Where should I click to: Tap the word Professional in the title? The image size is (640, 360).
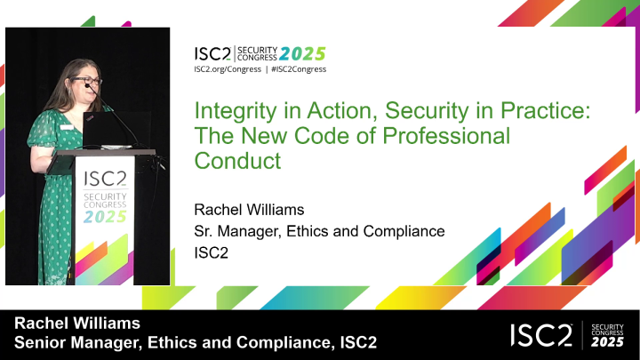(x=446, y=135)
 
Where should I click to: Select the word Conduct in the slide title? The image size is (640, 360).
(x=237, y=160)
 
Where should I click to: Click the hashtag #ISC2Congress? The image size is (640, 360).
(x=299, y=69)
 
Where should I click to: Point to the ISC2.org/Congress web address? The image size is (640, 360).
(x=228, y=69)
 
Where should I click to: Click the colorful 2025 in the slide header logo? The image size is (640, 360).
(x=302, y=53)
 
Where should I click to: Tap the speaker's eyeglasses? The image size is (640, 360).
(x=87, y=81)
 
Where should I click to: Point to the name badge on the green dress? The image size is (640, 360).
(x=67, y=127)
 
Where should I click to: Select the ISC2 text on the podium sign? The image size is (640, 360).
(x=105, y=179)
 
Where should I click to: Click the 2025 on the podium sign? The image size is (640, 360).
(x=105, y=217)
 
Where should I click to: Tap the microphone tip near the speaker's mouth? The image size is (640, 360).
(x=87, y=85)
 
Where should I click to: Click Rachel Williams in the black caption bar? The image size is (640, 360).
(x=77, y=324)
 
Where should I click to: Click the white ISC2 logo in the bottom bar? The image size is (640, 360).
(x=541, y=335)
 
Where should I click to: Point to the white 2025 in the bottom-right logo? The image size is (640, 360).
(x=608, y=341)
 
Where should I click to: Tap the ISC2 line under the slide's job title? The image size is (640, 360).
(x=211, y=252)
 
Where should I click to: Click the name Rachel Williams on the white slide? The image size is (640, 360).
(x=249, y=210)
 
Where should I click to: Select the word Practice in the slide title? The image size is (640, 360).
(x=546, y=111)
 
